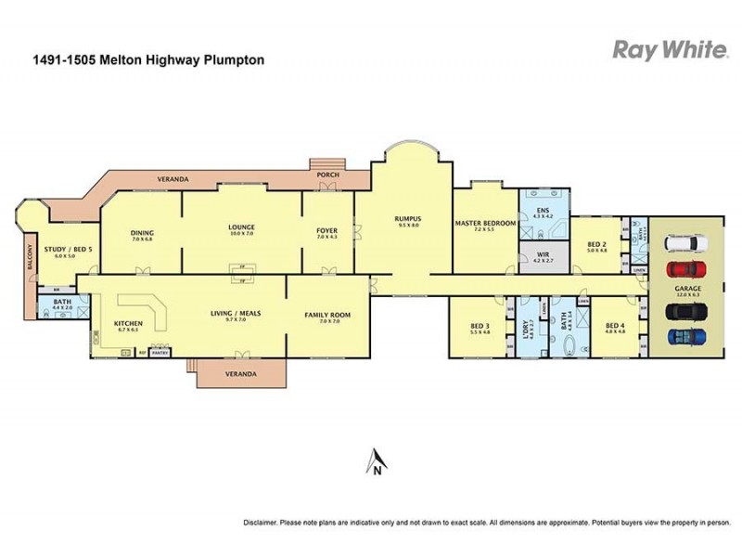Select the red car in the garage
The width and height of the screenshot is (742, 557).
[x=683, y=269]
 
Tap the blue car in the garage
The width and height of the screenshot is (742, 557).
[x=683, y=336]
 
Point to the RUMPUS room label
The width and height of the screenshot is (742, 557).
[x=409, y=219]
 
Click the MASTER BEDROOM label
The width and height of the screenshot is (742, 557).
[x=485, y=224]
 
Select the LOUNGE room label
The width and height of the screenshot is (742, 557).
[x=242, y=227]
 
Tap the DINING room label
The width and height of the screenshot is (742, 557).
[x=142, y=233]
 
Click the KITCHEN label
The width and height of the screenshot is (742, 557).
[x=128, y=323]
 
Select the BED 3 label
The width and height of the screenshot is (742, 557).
[x=480, y=326]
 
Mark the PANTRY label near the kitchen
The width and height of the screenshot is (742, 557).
[x=159, y=353]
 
